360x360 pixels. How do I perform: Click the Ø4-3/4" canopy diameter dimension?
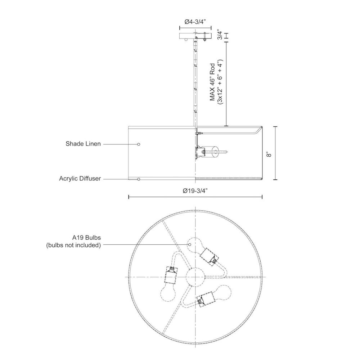click(x=195, y=22)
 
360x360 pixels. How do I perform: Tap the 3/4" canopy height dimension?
click(x=220, y=34)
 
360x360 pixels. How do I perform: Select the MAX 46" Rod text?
click(x=213, y=82)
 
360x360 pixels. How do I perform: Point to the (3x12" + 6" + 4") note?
click(x=220, y=82)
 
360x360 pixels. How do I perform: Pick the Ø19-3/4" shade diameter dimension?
click(x=195, y=191)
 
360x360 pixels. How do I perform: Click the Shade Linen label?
click(x=83, y=144)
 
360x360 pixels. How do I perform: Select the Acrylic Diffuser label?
click(x=80, y=179)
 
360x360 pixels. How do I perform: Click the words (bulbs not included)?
click(x=73, y=245)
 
